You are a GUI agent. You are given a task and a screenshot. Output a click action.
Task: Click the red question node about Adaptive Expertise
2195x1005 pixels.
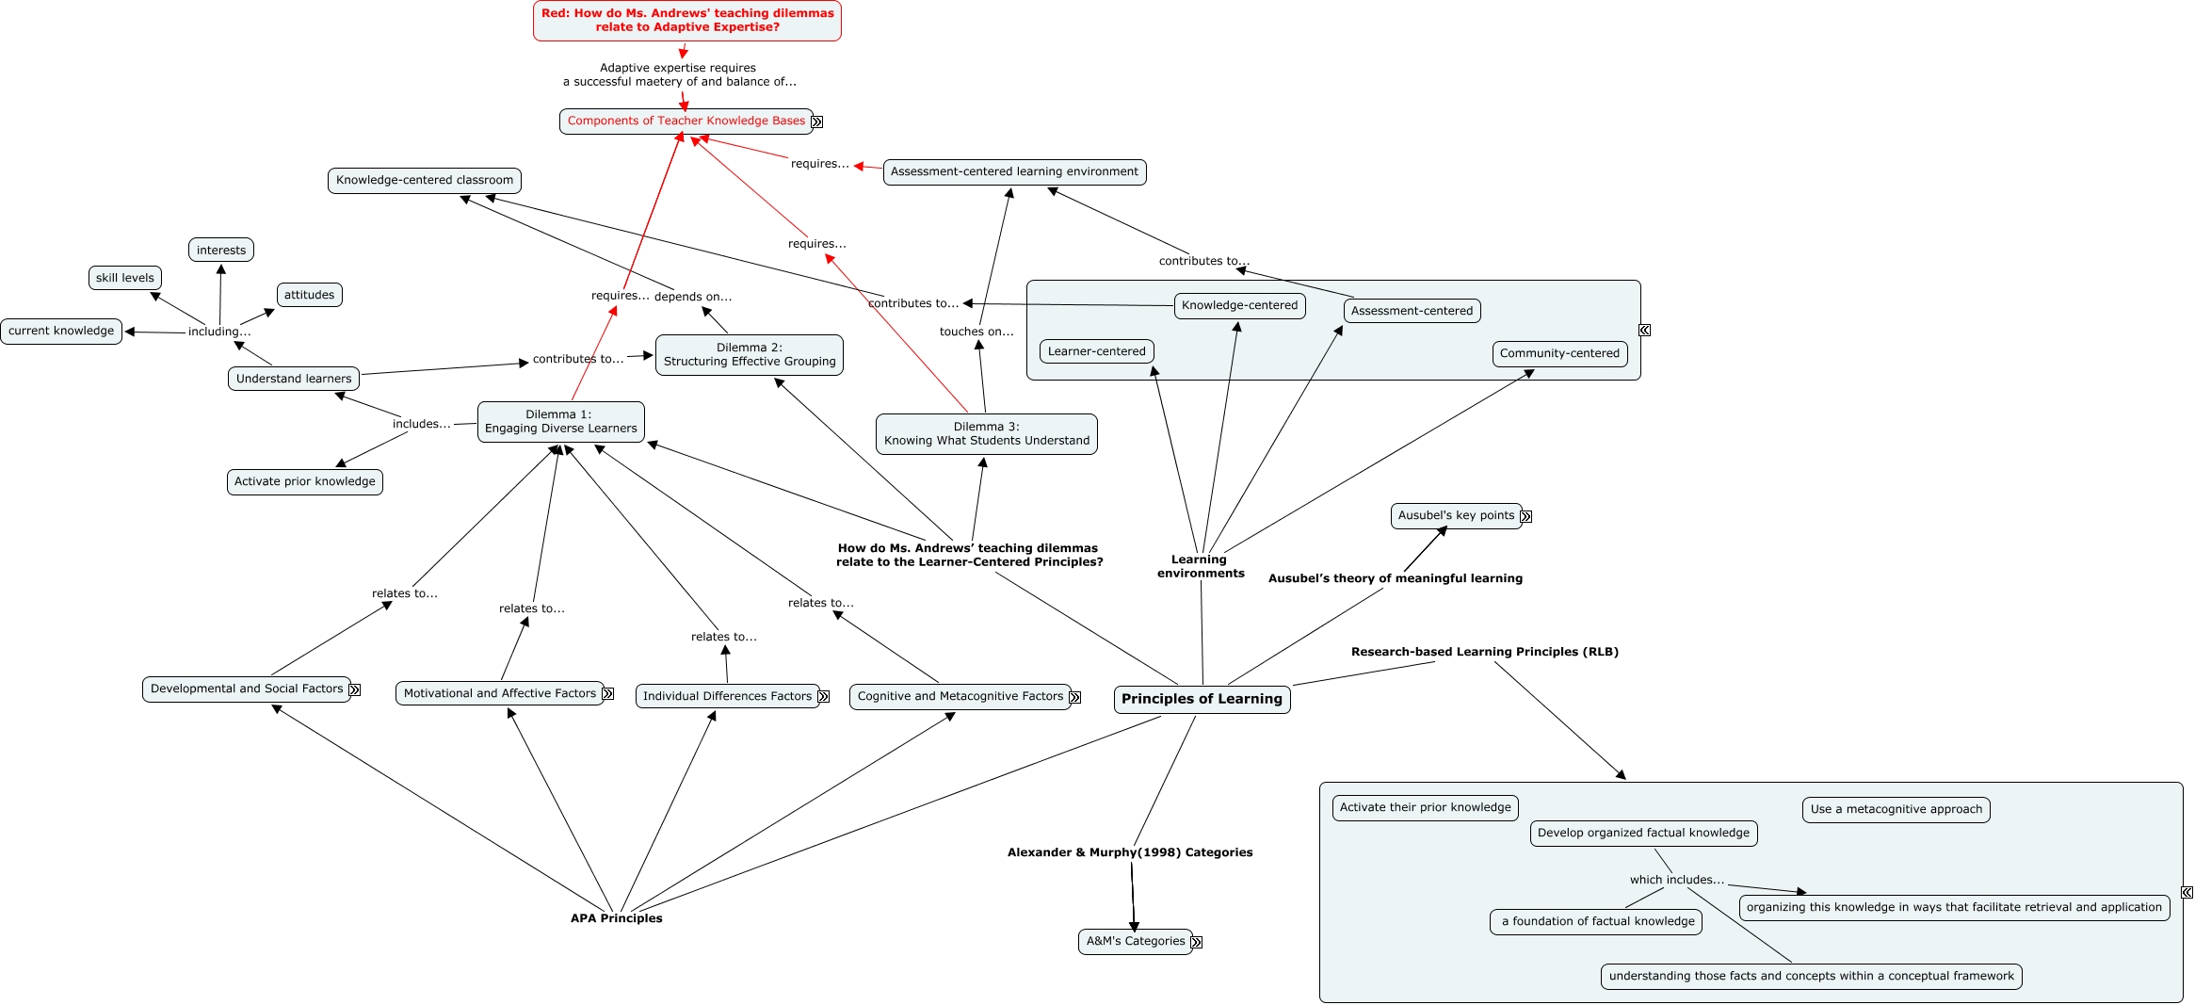[x=686, y=21]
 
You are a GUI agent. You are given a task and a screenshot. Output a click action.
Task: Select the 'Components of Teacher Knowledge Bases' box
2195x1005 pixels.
[x=686, y=122]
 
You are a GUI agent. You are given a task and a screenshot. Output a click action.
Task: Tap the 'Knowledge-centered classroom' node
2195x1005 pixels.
[x=425, y=181]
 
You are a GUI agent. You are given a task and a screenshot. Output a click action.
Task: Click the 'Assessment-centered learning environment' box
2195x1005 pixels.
[x=1014, y=172]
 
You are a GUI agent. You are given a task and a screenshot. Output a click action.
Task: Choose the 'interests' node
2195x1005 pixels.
[x=221, y=251]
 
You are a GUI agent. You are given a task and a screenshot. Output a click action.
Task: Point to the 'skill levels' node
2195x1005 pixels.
[x=124, y=279]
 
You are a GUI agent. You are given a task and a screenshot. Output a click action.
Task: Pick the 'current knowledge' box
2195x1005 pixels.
[x=61, y=332]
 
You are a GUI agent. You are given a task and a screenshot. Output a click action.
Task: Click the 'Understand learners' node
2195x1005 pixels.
[x=293, y=379]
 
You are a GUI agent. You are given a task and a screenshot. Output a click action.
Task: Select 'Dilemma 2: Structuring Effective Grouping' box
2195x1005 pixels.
[x=749, y=355]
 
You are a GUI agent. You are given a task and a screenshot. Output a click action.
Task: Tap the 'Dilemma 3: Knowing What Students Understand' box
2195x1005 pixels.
[x=986, y=434]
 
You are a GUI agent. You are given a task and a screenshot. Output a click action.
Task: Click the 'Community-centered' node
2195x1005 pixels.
[x=1559, y=354]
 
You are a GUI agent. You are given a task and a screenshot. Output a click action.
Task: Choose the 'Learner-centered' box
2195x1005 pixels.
[x=1096, y=352]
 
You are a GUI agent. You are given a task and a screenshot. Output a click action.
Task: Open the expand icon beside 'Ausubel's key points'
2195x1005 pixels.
[x=1526, y=517]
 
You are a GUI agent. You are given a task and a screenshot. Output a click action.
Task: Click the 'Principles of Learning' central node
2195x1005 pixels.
[x=1202, y=700]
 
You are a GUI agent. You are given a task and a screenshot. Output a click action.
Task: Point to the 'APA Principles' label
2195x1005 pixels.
[x=616, y=918]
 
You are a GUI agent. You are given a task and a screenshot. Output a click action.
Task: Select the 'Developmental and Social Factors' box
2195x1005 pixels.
[x=246, y=689]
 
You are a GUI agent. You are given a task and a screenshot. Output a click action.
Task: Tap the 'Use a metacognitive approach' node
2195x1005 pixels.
[x=1896, y=810]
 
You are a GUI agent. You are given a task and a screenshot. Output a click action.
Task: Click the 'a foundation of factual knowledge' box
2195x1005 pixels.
[x=1595, y=922]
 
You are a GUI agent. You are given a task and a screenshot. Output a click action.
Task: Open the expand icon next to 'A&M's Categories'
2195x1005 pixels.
[x=1197, y=943]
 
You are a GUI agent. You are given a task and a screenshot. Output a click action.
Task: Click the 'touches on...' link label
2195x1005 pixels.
[x=976, y=332]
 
